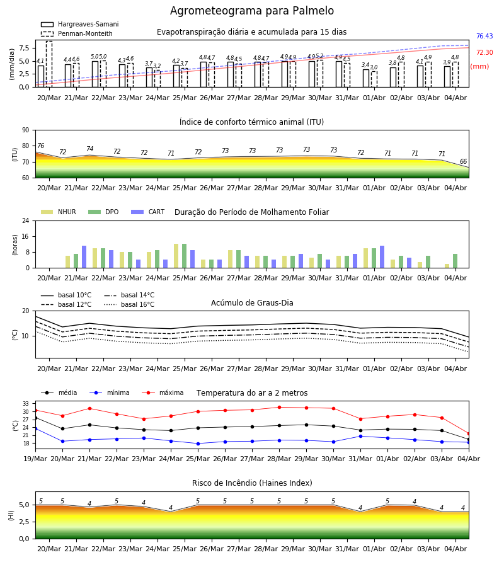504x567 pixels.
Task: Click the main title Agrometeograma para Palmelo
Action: point(251,11)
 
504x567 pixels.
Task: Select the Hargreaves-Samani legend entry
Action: point(79,24)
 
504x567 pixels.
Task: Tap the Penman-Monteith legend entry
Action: point(77,33)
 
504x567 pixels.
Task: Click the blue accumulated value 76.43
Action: point(484,36)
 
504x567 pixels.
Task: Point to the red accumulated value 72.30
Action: point(484,52)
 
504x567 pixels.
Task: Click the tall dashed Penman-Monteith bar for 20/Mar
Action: point(49,64)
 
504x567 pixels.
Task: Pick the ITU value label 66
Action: point(463,161)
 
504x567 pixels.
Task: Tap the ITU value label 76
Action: point(40,146)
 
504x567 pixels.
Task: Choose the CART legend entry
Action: point(147,212)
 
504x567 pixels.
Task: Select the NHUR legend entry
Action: point(59,212)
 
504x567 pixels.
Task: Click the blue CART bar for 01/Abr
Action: point(382,257)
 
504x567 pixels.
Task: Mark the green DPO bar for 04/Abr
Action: point(455,261)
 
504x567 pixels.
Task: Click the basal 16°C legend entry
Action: point(129,304)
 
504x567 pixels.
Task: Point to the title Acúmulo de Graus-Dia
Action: point(252,303)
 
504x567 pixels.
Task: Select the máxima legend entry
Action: point(163,392)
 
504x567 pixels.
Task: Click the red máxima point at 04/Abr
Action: point(469,433)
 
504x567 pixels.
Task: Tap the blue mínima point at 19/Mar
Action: point(35,428)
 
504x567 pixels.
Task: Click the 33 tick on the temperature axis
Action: point(26,404)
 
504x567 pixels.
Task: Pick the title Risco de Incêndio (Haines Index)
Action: point(252,483)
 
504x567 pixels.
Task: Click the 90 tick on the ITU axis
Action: point(26,130)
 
